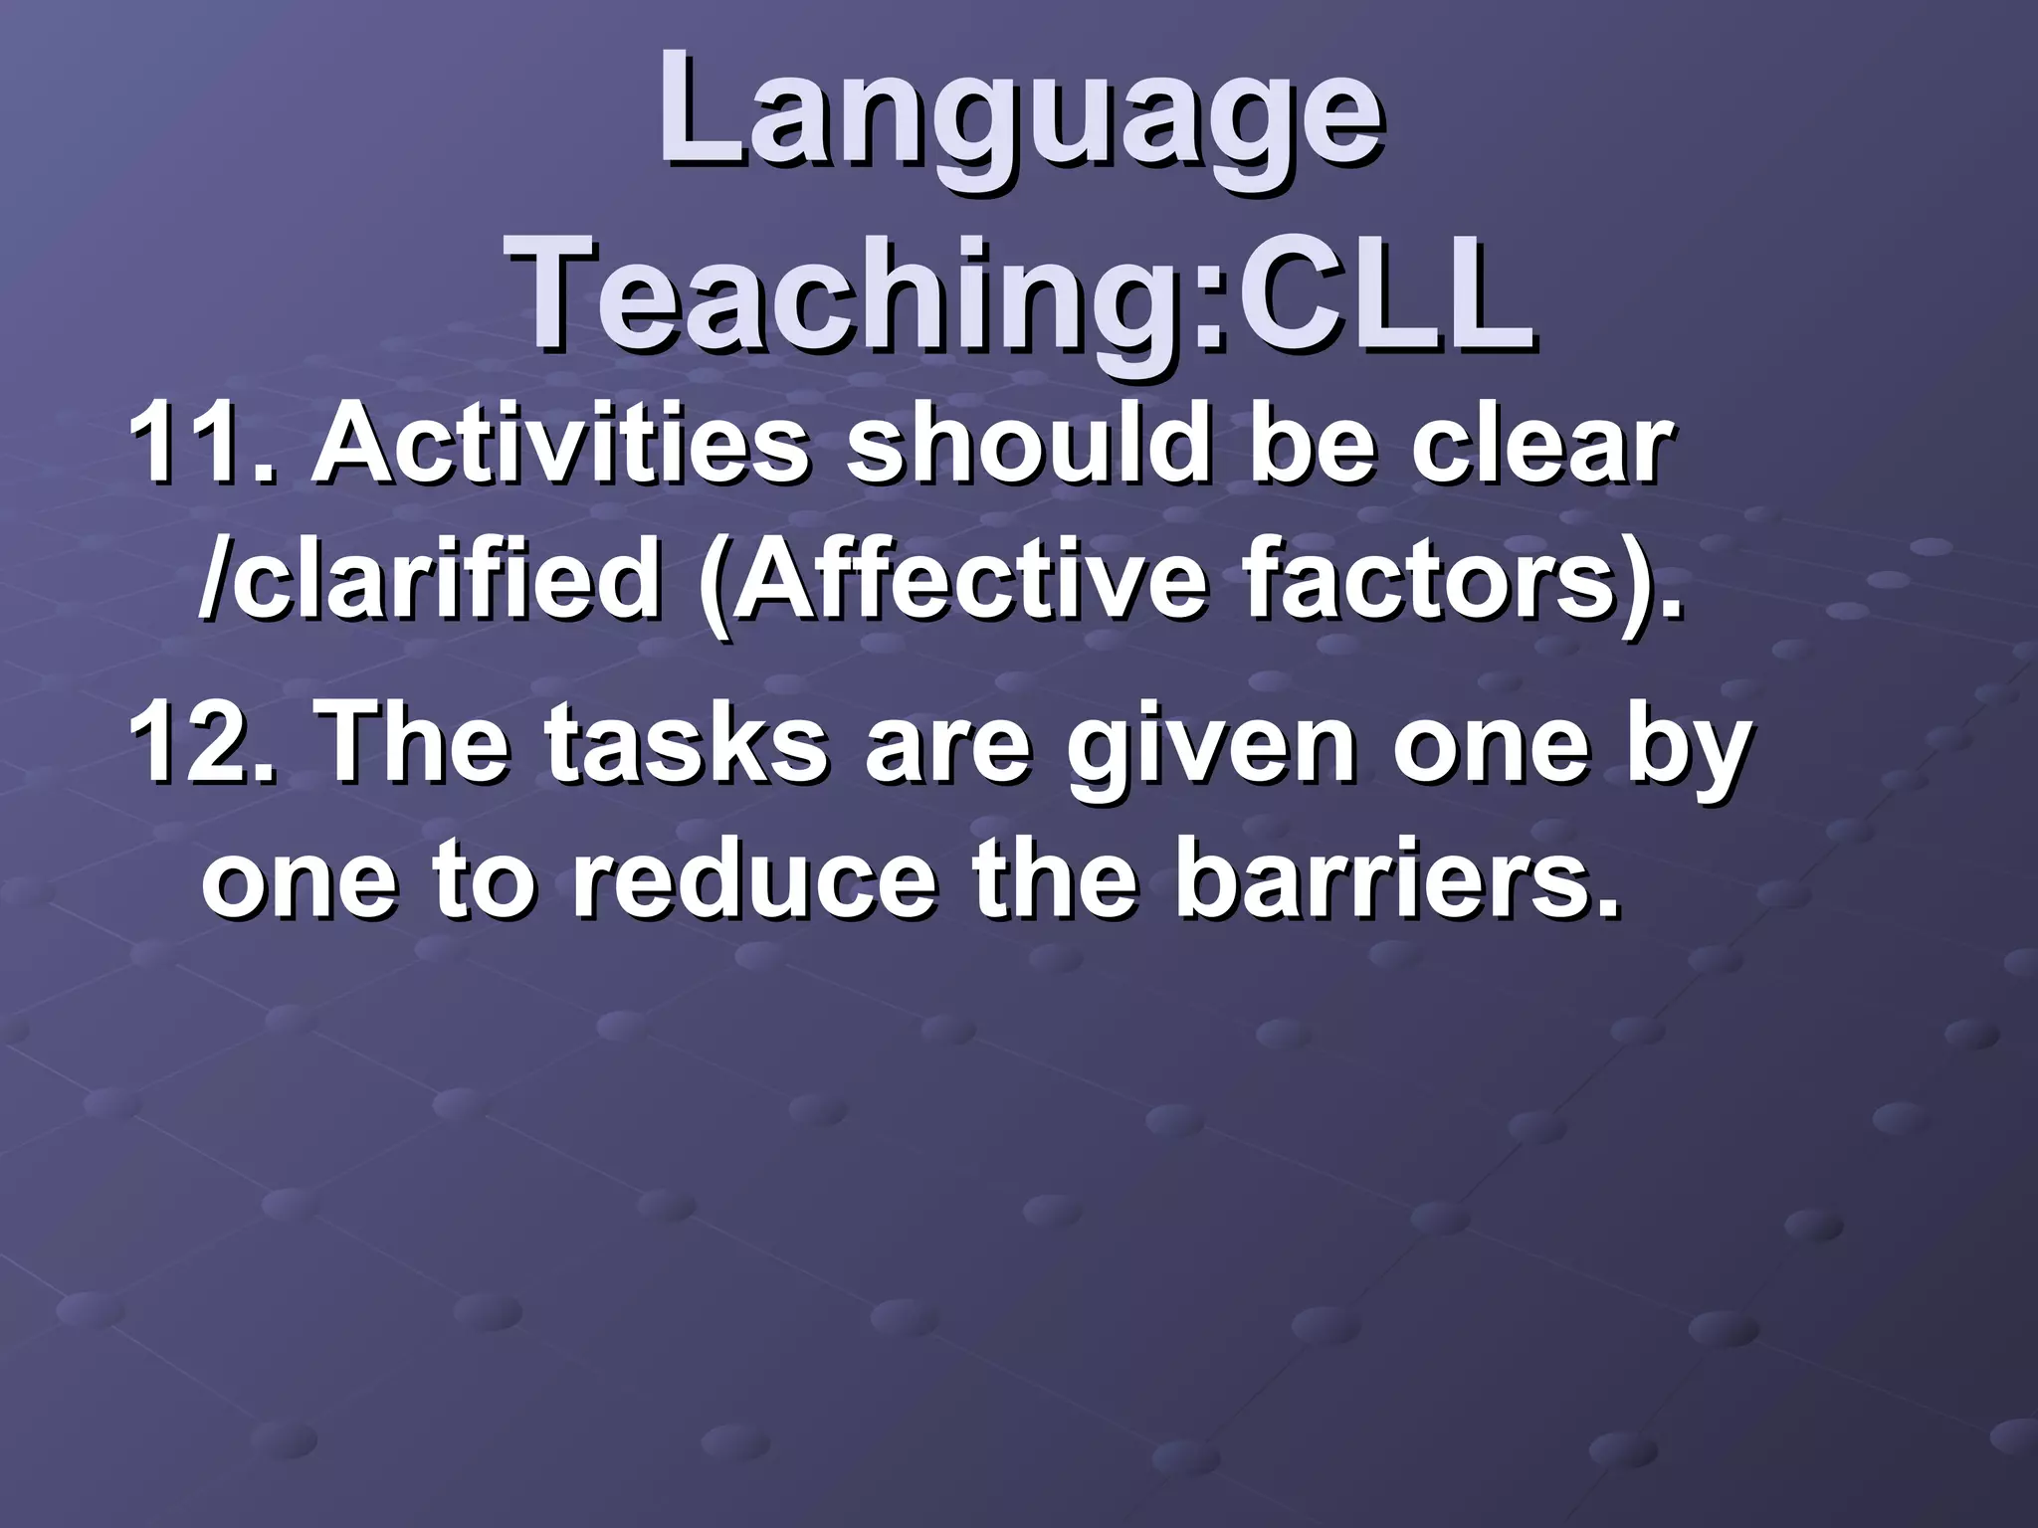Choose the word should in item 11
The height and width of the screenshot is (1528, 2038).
click(x=1025, y=446)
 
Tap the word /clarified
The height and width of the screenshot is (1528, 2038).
click(x=428, y=582)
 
